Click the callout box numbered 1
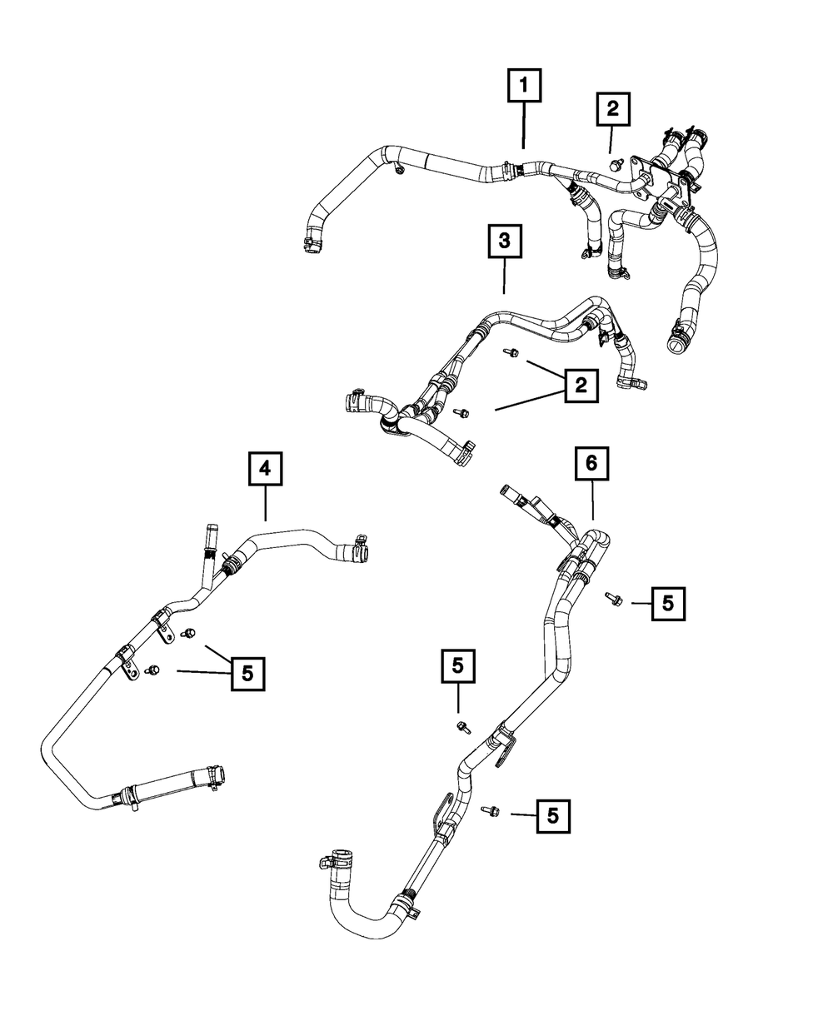(525, 85)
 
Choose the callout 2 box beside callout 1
(612, 108)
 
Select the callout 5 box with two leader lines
(247, 672)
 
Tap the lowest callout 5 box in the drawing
(554, 815)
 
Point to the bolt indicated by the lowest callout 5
(490, 809)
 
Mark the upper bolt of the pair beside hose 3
(511, 354)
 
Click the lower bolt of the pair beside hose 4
(152, 670)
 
